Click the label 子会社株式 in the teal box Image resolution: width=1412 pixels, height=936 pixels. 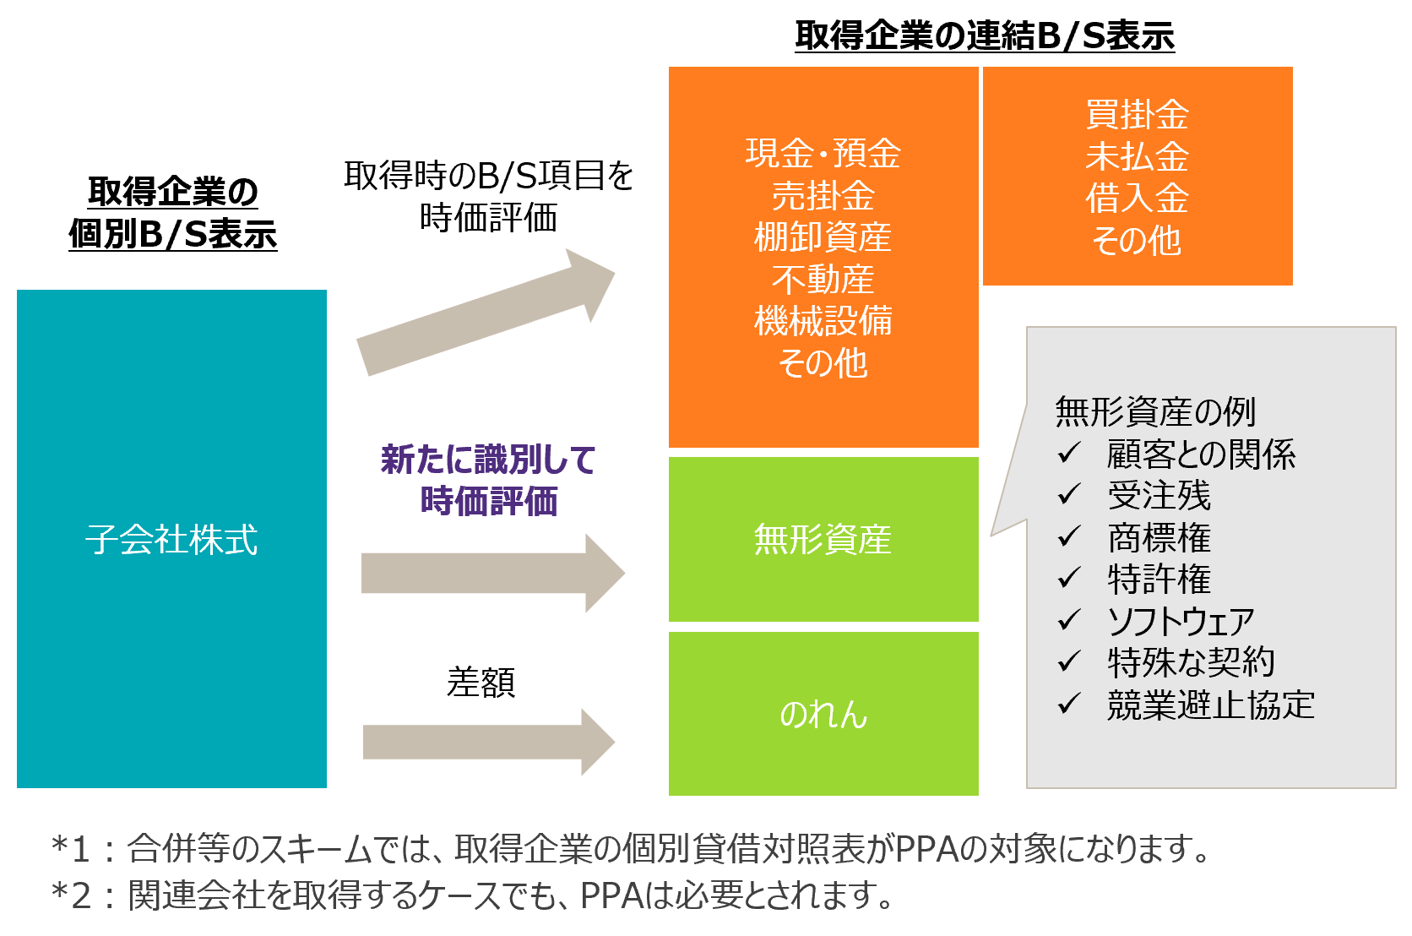coord(171,540)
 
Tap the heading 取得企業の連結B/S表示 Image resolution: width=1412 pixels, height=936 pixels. coord(985,36)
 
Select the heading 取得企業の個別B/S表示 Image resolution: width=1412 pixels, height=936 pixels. coord(173,213)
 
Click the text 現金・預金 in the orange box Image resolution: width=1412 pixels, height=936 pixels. coord(823,154)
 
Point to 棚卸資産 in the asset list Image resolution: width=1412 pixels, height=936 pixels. coord(823,237)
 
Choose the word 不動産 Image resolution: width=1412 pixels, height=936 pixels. coord(823,280)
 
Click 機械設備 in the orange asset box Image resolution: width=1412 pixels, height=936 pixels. coord(823,321)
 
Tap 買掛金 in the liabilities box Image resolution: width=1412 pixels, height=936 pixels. coord(1138,115)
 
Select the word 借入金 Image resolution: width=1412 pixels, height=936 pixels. coord(1138,199)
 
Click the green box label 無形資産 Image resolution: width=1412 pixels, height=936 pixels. coord(823,540)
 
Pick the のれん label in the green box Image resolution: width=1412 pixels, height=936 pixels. coord(823,715)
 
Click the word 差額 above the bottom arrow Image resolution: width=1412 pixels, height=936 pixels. coord(481,683)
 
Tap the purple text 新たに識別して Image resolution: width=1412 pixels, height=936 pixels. coord(488,460)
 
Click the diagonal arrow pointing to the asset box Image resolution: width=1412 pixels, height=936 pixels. coord(486,312)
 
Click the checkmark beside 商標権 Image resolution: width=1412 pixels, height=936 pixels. coord(1069,536)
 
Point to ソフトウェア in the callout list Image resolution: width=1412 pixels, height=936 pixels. coord(1181,621)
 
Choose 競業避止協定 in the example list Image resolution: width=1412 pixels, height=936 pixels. coord(1211,705)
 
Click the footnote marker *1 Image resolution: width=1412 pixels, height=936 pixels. coord(71,848)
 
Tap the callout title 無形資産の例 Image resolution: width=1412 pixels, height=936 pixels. coord(1155,412)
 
